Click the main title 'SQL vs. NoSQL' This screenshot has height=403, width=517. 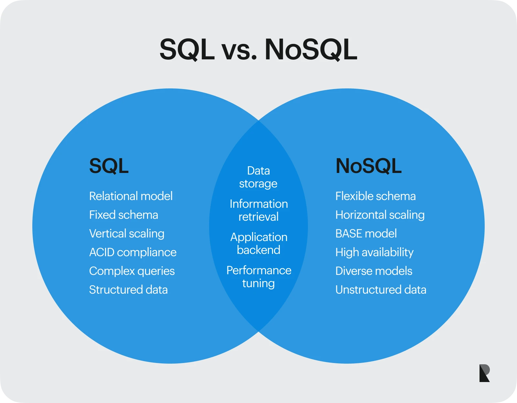(258, 50)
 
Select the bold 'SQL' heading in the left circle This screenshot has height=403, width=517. (109, 166)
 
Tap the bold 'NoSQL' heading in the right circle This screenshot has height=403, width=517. (368, 166)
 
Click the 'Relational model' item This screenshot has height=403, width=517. (131, 196)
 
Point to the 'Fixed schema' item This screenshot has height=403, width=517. (123, 215)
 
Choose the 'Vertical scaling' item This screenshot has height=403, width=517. (127, 234)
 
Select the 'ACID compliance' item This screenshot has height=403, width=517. (133, 252)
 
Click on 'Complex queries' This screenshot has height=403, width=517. (132, 271)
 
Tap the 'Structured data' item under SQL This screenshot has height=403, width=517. (128, 290)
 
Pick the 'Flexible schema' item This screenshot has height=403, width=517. (375, 196)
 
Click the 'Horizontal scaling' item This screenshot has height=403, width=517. (380, 215)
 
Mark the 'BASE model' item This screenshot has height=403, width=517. (366, 234)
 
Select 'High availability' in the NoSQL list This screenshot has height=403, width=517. (375, 252)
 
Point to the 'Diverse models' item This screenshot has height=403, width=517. (374, 271)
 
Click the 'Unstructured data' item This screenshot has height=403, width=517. (381, 290)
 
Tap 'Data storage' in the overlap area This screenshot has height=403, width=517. (258, 177)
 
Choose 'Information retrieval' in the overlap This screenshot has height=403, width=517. (258, 210)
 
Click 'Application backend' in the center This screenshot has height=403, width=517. (258, 244)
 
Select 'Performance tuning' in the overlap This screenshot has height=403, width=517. (258, 277)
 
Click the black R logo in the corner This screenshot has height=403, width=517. (484, 373)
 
